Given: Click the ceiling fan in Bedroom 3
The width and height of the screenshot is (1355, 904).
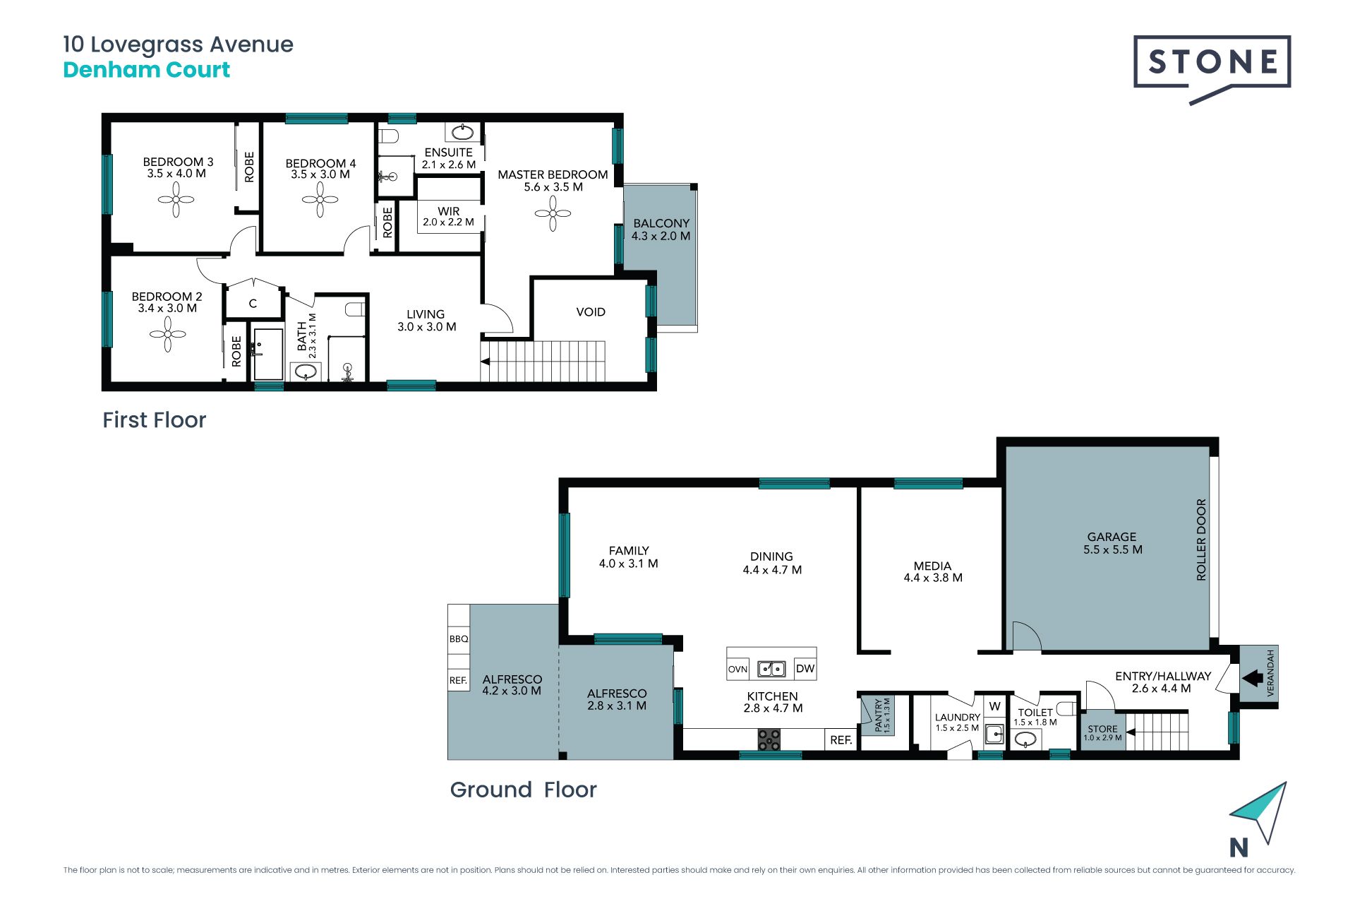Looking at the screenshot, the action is coord(176,200).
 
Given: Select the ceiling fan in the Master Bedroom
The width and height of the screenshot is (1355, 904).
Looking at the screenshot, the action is coord(553,213).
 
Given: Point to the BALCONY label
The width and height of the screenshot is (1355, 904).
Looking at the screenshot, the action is coord(661,223).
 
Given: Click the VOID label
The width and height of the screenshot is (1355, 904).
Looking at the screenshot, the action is coord(591,312).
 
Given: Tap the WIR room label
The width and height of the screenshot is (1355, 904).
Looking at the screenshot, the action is coord(449,211).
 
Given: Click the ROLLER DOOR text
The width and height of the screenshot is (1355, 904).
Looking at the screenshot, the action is coord(1201,540).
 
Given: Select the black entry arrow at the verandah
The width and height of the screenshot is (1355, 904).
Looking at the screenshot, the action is coord(1253,679).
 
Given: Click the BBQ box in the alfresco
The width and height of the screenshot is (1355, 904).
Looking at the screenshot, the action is coord(459,638).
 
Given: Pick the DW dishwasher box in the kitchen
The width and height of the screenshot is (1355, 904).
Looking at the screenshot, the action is coord(805,669).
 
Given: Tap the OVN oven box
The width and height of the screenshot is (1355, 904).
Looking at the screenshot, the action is coord(738,669).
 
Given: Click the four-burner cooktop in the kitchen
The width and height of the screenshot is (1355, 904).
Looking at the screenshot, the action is coord(769,740).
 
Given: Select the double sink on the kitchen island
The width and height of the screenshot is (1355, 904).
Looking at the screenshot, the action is coord(771,668).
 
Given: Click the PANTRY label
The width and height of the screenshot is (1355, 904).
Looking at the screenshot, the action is coord(879,715).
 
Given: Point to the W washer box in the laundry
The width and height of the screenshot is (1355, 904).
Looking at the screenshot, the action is coord(995,707).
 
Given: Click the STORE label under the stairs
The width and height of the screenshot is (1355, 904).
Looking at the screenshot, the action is coord(1102,729).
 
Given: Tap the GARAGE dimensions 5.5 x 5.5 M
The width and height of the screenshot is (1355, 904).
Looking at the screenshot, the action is coord(1113,549).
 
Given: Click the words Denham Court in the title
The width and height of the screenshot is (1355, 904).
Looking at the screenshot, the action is coord(147,70).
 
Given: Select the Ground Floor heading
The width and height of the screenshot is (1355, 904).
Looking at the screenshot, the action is coord(524,790).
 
